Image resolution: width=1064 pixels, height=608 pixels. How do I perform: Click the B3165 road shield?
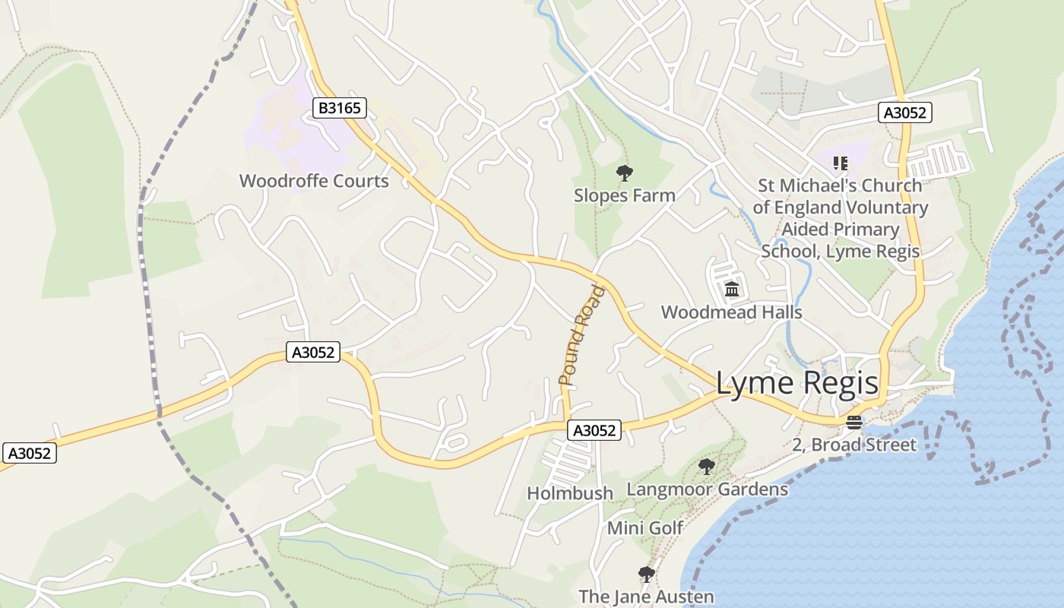(340, 108)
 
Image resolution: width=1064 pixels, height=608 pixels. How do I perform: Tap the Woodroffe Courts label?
(314, 181)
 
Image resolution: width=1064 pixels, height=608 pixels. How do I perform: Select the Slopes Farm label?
(624, 195)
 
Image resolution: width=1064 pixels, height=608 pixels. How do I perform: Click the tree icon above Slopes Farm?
(624, 173)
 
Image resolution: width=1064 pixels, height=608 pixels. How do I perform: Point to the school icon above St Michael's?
(840, 163)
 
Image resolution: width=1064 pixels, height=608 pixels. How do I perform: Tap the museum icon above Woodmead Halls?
(732, 290)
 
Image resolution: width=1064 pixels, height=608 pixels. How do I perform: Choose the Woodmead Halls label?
(731, 312)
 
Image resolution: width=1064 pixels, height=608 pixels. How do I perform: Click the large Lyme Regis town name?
(797, 384)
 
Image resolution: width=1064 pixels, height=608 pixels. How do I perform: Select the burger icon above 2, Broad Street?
(854, 423)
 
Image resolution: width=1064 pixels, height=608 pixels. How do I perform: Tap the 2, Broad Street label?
(854, 445)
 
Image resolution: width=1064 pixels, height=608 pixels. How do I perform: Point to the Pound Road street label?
(582, 334)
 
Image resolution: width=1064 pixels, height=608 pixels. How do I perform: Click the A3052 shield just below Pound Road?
(594, 430)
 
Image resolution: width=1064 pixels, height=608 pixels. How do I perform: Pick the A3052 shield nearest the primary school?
(904, 112)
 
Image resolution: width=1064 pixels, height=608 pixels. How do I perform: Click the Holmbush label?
(570, 493)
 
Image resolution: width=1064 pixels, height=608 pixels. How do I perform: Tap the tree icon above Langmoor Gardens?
(707, 467)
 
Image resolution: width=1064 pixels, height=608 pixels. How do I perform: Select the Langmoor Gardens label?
(707, 489)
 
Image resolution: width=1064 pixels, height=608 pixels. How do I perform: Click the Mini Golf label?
(645, 527)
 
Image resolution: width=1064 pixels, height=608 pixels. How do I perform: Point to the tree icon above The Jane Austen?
(646, 575)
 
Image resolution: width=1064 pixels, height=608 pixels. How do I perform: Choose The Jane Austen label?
(646, 597)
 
